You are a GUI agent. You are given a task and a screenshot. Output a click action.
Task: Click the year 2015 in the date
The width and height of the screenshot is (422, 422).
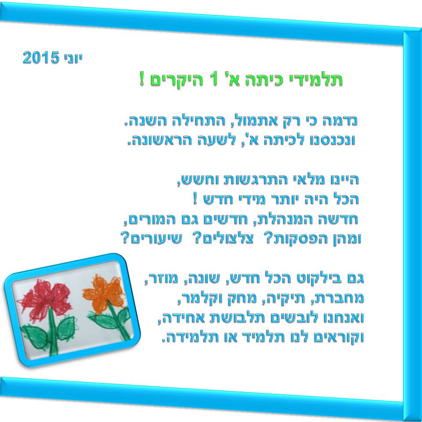tap(40, 58)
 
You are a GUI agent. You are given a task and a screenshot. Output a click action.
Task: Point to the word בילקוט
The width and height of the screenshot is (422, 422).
tap(313, 279)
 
